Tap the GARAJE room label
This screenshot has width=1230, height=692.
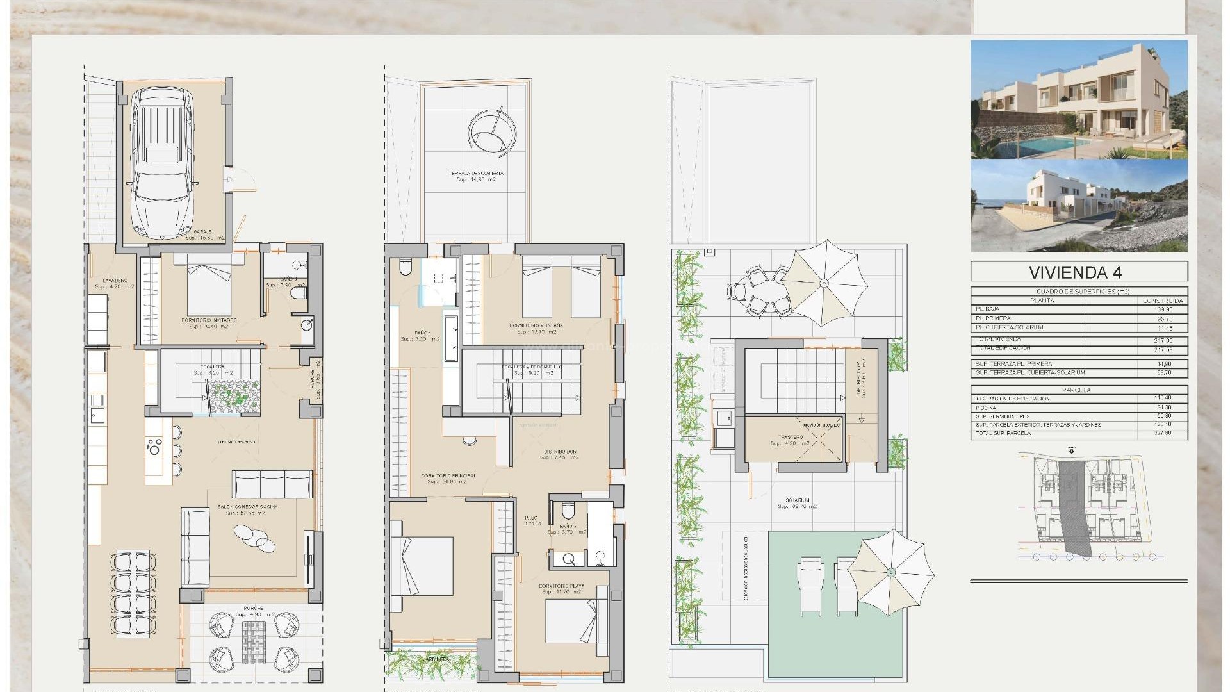pos(205,232)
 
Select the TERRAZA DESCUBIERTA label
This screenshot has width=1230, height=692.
pos(475,174)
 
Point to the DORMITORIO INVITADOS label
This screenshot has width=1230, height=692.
pos(209,320)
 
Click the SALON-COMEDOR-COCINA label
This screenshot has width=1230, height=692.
pos(247,507)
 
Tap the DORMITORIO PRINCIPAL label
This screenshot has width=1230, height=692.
pos(448,476)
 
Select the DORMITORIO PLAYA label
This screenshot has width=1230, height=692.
pos(561,586)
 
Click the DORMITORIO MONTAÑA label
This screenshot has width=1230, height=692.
pos(536,326)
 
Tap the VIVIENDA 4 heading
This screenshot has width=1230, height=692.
pos(1079,272)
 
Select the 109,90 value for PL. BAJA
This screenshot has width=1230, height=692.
pos(1163,309)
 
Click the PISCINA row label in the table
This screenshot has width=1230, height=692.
pos(986,408)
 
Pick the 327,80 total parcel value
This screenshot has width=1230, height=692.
pos(1163,434)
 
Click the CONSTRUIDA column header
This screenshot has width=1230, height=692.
pos(1163,300)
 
